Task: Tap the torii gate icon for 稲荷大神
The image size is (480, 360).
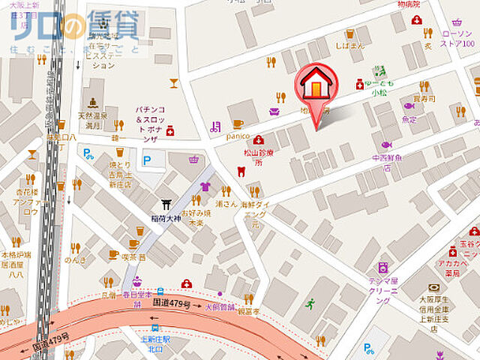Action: coord(166,204)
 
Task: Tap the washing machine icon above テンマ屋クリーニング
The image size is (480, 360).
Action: coord(383,268)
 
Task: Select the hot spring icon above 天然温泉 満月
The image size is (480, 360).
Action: coord(93,103)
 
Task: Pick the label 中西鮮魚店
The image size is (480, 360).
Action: coord(387,163)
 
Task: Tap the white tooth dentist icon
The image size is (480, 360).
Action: coord(241,171)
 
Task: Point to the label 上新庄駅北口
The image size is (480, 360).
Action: coord(154,343)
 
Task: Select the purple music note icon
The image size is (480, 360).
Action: coord(215,127)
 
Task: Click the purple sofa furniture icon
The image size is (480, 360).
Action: coord(274,112)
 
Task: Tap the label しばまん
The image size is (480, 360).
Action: coord(349,45)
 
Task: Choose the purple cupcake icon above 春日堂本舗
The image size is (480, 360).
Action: coord(137,282)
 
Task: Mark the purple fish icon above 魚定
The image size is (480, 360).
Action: coord(409,106)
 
